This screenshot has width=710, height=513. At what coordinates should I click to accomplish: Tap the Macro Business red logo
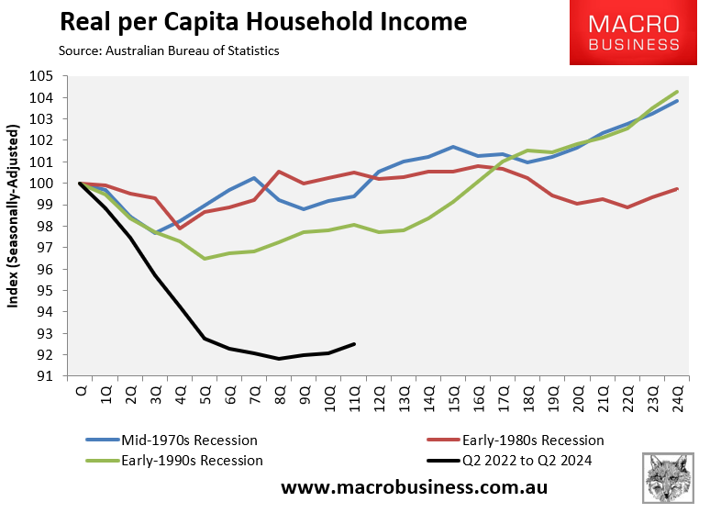click(634, 33)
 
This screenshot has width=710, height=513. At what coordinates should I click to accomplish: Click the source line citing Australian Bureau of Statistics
click(169, 51)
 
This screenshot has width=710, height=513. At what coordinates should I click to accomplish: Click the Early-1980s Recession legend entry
click(521, 440)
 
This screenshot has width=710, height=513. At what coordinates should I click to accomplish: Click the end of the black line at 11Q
click(354, 344)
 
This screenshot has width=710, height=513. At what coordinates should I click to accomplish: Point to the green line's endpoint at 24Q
click(677, 92)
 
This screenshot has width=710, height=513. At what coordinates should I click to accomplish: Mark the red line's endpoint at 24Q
click(677, 189)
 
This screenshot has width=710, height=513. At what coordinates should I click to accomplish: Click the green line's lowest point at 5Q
click(205, 259)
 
